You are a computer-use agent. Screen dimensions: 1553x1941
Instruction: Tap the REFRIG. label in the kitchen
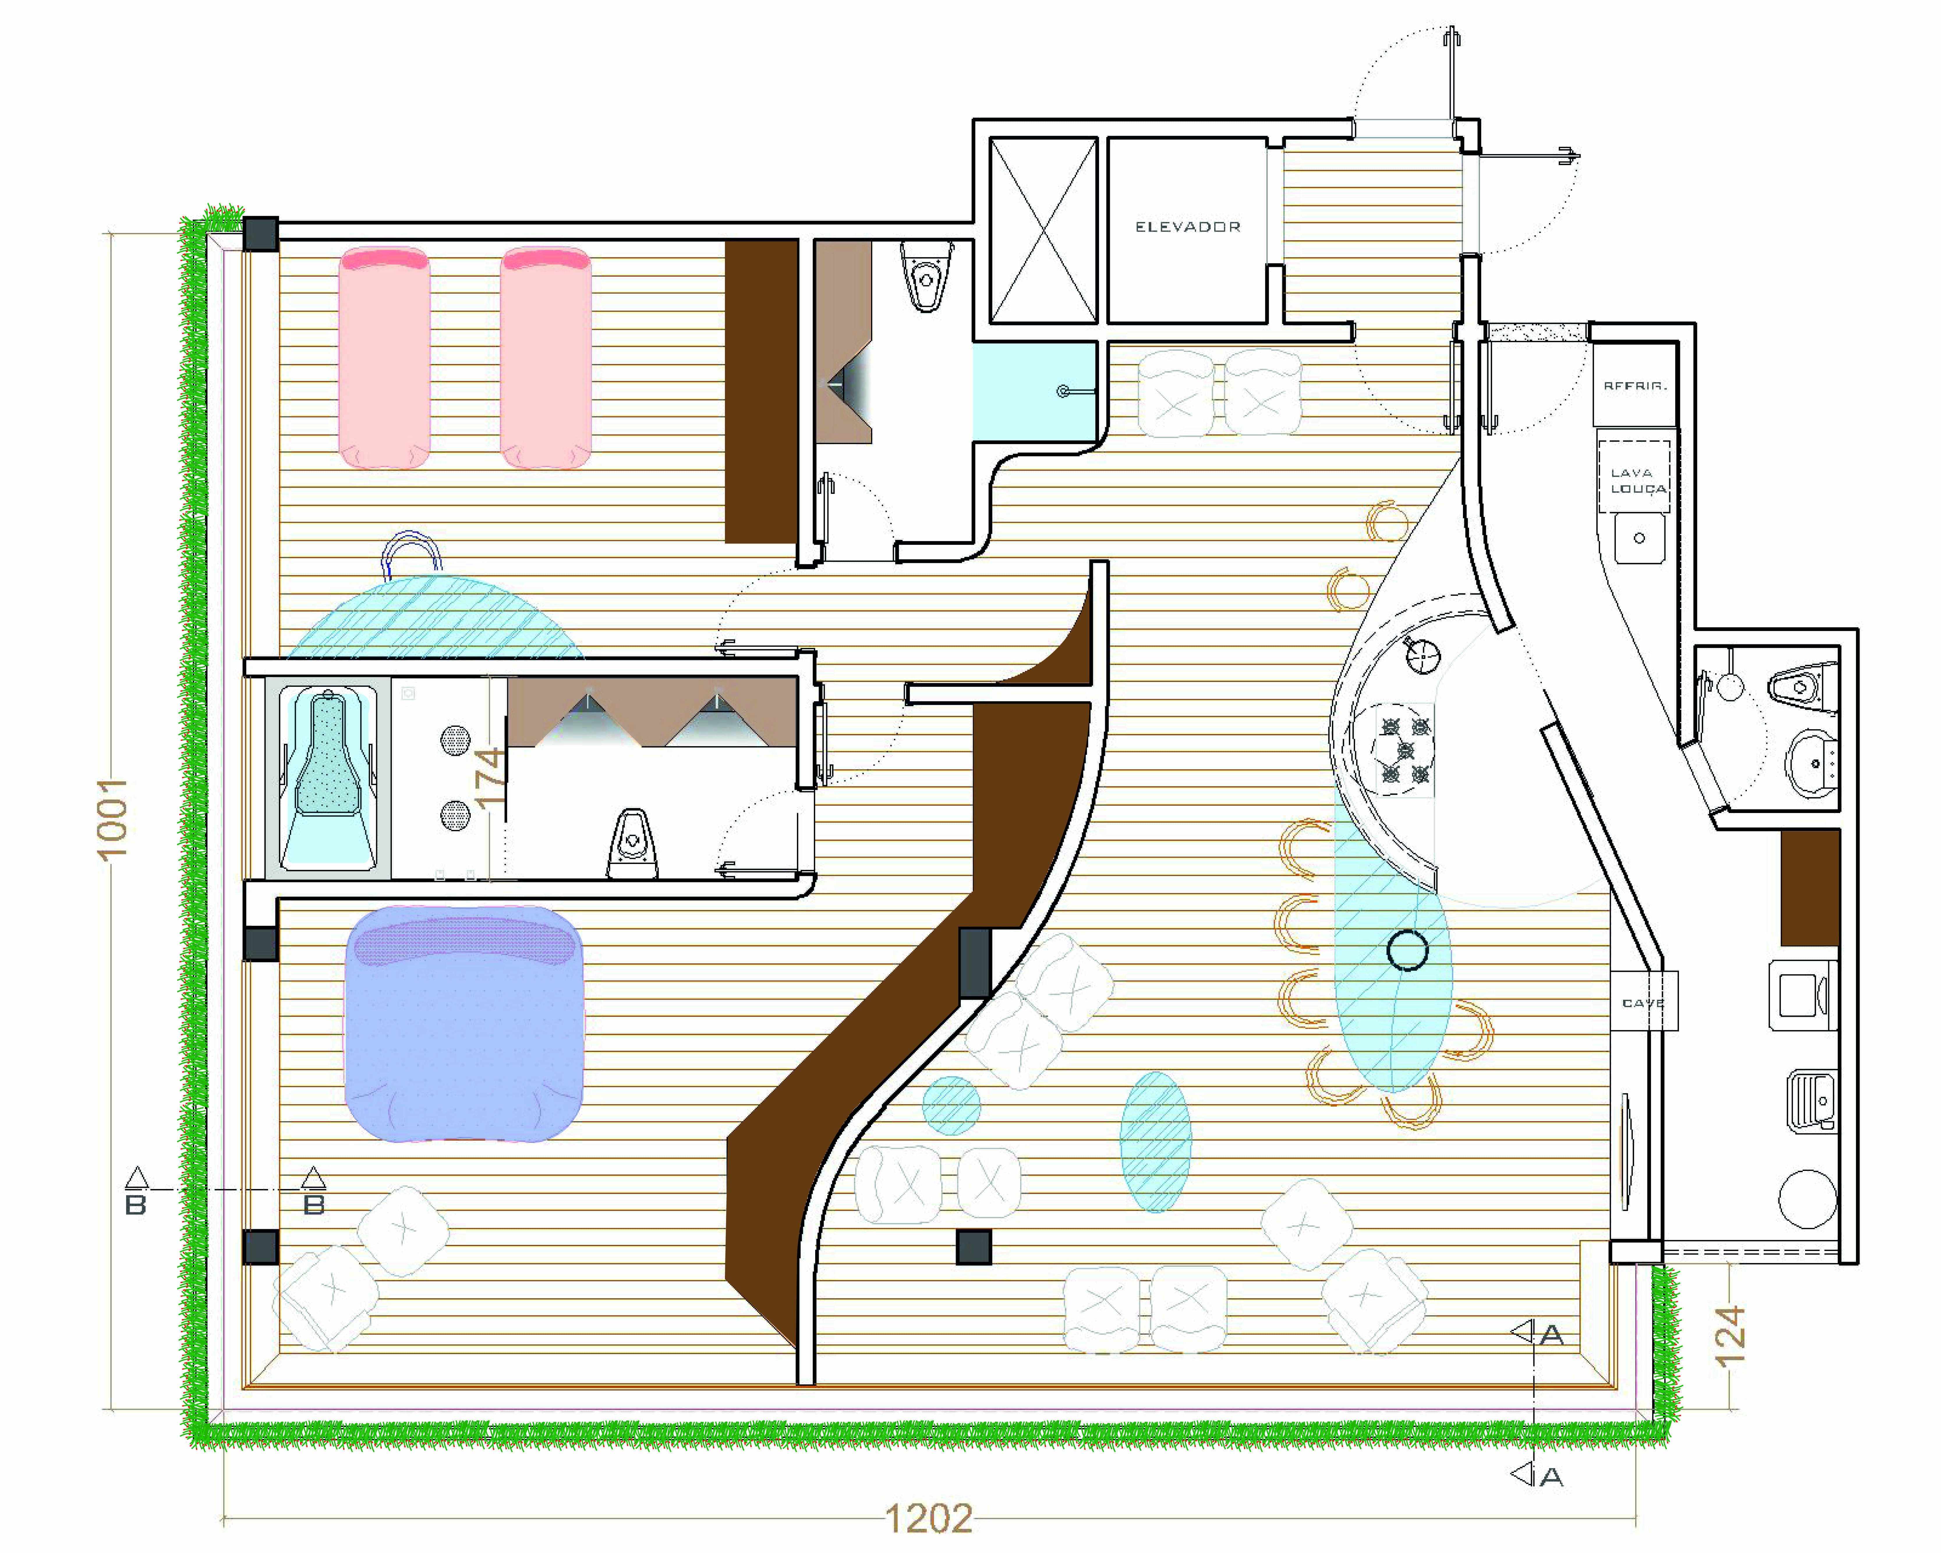pyautogui.click(x=1634, y=385)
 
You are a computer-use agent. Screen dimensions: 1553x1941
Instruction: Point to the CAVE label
pyautogui.click(x=1642, y=1003)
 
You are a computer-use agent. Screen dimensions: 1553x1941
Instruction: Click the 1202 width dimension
pyautogui.click(x=928, y=1519)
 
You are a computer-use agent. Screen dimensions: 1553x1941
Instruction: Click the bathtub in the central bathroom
pyautogui.click(x=329, y=779)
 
